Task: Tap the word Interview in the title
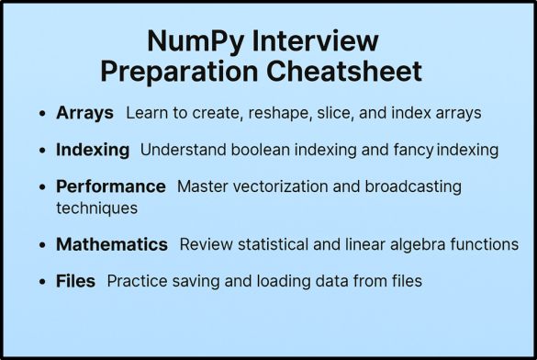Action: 318,42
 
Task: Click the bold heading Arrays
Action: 84,113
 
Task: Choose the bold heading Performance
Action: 111,186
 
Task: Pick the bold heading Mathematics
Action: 112,245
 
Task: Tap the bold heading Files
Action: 75,282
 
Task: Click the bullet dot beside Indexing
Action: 43,150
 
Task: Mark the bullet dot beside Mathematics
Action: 43,246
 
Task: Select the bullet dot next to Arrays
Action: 43,114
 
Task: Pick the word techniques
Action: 96,208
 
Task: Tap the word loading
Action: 279,282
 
